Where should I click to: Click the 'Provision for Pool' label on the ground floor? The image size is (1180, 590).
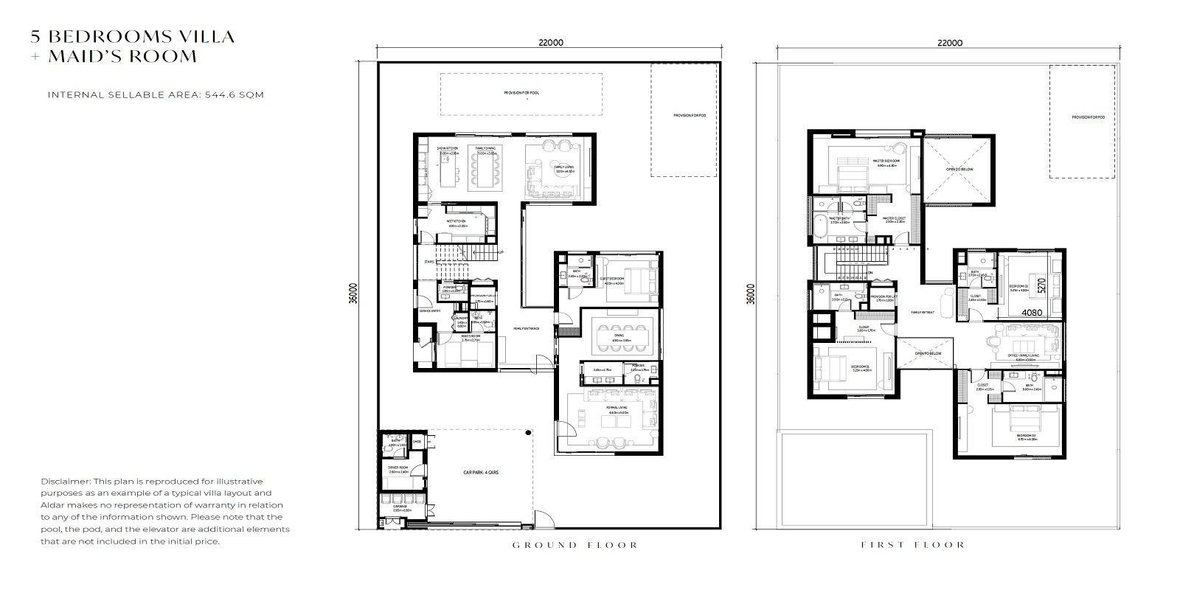click(x=521, y=93)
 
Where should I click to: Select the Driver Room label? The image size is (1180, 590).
click(x=398, y=468)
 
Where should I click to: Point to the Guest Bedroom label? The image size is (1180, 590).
click(x=612, y=280)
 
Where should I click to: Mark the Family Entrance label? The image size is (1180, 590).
click(x=527, y=328)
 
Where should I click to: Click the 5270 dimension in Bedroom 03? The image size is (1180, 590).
click(x=1041, y=285)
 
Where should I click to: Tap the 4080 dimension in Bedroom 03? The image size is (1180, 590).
click(x=1031, y=312)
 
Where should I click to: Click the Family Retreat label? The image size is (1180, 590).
click(x=922, y=312)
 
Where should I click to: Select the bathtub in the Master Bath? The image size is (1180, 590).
click(x=819, y=229)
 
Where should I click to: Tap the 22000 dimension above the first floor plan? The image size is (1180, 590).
click(x=950, y=43)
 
